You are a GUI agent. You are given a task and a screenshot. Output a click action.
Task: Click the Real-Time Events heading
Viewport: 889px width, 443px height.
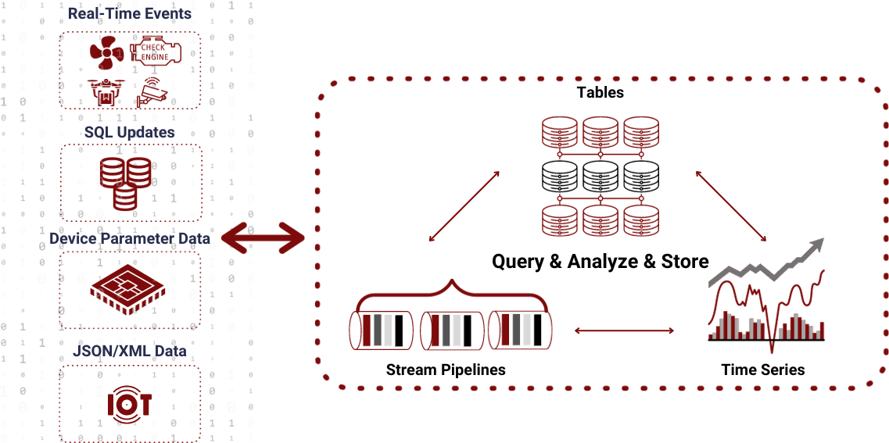click(130, 13)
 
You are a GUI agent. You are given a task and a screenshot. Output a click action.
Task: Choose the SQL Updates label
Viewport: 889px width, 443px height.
click(130, 132)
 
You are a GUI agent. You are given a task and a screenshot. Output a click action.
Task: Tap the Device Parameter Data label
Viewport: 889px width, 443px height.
click(130, 238)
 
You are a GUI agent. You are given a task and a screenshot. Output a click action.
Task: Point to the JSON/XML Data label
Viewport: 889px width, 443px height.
click(130, 352)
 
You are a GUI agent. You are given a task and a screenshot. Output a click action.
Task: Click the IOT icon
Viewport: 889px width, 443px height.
click(129, 402)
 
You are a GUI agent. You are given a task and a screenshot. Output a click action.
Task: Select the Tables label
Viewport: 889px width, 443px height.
click(600, 92)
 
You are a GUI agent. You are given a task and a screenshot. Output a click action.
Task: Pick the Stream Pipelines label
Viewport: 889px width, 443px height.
click(446, 370)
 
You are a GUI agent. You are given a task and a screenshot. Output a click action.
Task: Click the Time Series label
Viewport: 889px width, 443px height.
click(762, 370)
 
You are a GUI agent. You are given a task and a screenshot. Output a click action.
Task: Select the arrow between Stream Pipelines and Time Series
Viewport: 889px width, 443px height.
click(624, 331)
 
